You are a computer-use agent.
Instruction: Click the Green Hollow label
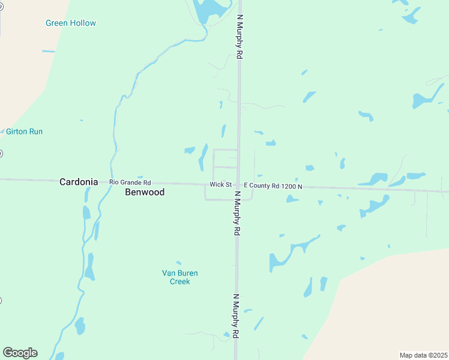tap(71, 23)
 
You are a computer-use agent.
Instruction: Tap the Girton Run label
tap(24, 131)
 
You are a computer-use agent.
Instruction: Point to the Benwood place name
tap(145, 193)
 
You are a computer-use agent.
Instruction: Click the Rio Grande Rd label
tap(130, 182)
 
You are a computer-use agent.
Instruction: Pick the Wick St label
tap(220, 185)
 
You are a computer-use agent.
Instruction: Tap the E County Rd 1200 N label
tap(273, 187)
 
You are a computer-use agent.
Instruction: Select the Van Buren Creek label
tap(179, 277)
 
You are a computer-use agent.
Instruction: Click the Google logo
tap(20, 353)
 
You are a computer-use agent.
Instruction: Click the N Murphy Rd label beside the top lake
tap(240, 37)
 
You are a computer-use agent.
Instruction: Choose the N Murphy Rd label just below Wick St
tap(237, 213)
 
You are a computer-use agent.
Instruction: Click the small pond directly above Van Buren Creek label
tap(178, 263)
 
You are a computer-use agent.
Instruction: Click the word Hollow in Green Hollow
tap(83, 23)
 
